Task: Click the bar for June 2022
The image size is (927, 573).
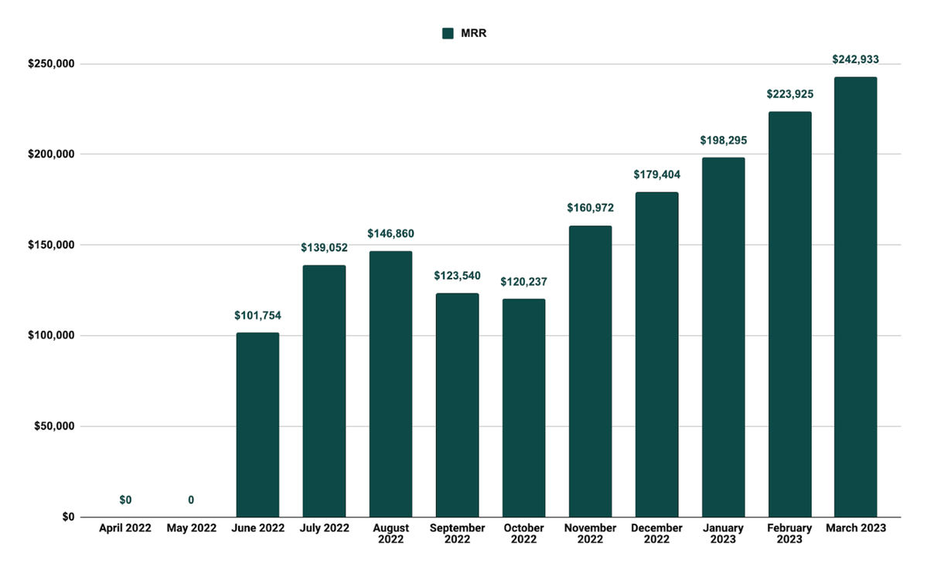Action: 257,425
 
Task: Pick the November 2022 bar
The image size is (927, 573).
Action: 590,371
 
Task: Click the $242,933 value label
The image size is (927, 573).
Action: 855,59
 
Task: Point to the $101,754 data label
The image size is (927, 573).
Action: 257,315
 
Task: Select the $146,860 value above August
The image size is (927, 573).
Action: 390,233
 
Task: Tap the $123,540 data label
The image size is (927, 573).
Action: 457,275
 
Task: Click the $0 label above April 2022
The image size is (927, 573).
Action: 125,500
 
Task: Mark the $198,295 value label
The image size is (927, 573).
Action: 722,140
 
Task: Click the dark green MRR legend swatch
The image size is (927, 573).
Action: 447,33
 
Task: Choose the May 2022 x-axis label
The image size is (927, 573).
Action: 191,528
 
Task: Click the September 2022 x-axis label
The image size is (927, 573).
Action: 457,534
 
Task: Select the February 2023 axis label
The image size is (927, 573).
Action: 789,534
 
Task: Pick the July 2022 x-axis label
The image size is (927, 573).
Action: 324,528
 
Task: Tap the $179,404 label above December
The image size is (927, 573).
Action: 656,175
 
